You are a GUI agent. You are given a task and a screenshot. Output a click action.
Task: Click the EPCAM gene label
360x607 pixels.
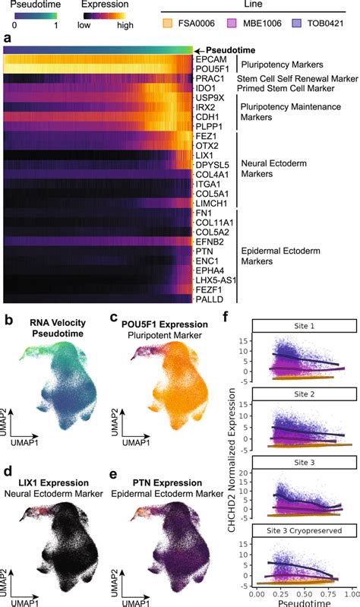[x=209, y=58]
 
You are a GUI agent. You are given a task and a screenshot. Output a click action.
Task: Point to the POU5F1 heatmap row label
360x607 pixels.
[x=210, y=68]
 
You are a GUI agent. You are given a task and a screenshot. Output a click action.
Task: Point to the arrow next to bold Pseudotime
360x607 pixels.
[x=200, y=48]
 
